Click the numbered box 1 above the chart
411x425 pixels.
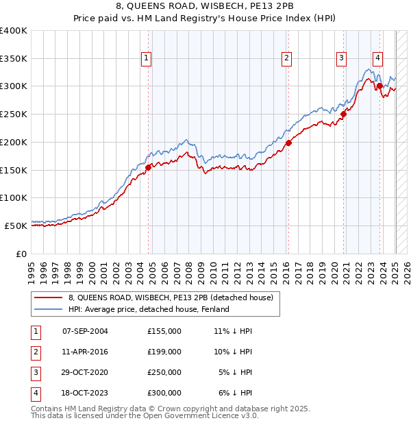click(x=147, y=59)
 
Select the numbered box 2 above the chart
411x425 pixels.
click(x=286, y=59)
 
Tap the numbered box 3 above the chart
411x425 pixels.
click(x=340, y=59)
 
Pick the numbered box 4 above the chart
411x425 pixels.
click(x=377, y=59)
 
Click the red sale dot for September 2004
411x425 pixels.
click(x=148, y=167)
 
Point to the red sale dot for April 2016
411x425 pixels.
click(x=288, y=143)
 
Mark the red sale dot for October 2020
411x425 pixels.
click(x=344, y=114)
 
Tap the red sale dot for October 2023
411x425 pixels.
click(x=379, y=86)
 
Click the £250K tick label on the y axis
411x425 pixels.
click(x=14, y=114)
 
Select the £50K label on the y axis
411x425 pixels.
click(x=16, y=225)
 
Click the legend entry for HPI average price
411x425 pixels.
click(x=149, y=309)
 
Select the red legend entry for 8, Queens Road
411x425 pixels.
click(x=171, y=297)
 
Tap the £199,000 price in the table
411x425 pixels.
click(x=164, y=352)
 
